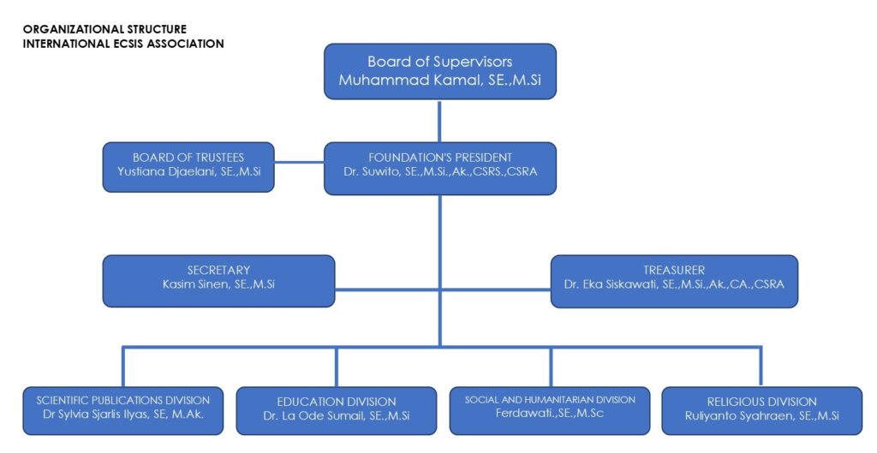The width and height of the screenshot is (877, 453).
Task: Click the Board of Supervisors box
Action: [x=439, y=72]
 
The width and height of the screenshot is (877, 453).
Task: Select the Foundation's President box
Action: [x=439, y=168]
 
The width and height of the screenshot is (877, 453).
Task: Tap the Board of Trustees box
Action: [x=188, y=166]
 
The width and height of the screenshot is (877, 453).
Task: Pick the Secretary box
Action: [x=218, y=281]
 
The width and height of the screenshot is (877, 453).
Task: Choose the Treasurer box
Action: [x=673, y=281]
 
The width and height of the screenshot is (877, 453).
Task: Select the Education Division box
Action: [x=336, y=411]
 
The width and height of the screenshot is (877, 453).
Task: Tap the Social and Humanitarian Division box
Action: [x=550, y=411]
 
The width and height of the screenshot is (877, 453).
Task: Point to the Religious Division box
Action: [x=761, y=411]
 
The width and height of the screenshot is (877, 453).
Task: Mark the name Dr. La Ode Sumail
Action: [x=313, y=416]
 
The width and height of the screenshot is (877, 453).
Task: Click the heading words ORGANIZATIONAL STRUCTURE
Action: [x=104, y=29]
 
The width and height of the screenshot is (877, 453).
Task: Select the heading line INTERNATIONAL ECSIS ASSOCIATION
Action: [x=123, y=43]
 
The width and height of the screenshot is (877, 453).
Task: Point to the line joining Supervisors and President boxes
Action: [x=439, y=120]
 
